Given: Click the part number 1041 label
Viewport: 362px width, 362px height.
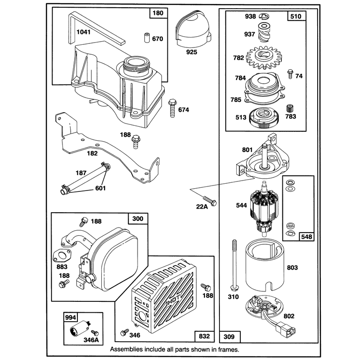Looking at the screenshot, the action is click(83, 32).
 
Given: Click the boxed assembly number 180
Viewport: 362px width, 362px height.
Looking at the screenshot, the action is click(158, 13).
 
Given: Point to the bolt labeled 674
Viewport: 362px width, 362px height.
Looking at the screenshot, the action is click(172, 108).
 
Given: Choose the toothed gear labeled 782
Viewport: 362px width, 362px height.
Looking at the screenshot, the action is click(264, 58).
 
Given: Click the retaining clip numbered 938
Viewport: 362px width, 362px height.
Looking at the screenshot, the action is click(264, 16).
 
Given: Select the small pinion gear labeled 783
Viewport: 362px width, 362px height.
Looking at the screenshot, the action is click(290, 109).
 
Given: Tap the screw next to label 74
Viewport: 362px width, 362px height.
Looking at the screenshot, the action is click(290, 74).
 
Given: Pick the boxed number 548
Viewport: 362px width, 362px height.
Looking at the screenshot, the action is click(307, 237).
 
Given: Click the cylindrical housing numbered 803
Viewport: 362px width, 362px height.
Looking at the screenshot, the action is click(265, 264).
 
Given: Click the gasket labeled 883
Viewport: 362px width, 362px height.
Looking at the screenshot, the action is click(62, 256).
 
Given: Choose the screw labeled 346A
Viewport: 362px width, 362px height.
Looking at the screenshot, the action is click(95, 333).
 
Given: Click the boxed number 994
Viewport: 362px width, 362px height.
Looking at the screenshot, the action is click(71, 318).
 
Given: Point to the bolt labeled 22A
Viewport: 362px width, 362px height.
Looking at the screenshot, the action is click(210, 201).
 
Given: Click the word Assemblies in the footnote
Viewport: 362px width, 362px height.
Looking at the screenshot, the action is click(126, 349).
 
